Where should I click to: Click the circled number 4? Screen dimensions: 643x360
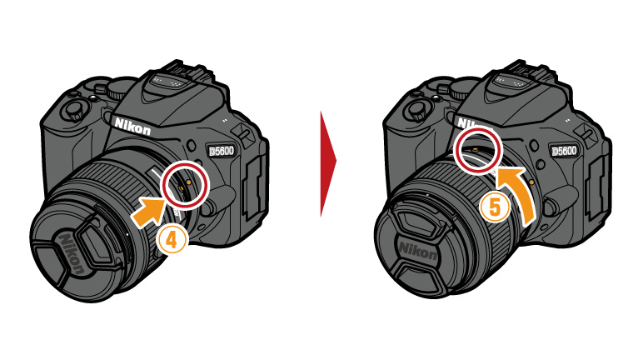click(172, 240)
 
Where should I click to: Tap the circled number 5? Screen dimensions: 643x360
click(495, 207)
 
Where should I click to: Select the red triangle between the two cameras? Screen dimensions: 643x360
click(327, 163)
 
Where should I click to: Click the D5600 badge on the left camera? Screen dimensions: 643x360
click(221, 151)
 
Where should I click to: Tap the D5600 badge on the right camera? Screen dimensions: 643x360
click(564, 151)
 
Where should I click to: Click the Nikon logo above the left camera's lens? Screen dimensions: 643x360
click(132, 126)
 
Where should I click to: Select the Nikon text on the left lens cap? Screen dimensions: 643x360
click(72, 253)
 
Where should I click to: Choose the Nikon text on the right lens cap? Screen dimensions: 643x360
click(417, 250)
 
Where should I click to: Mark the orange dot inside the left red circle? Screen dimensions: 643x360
click(188, 181)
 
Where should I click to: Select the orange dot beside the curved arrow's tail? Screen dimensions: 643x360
click(531, 181)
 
